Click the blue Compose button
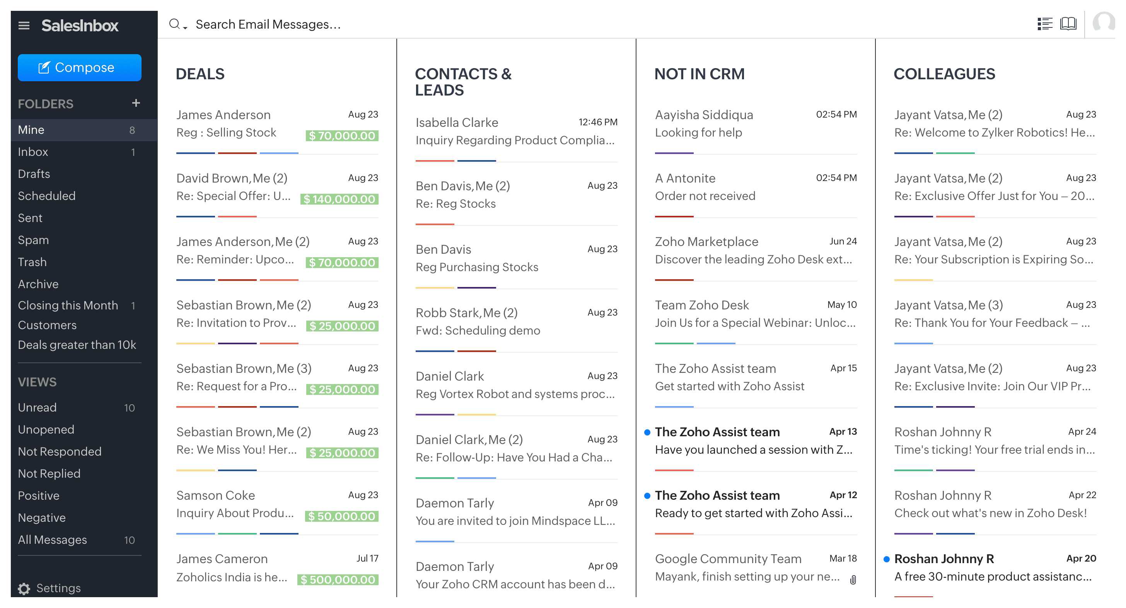point(79,68)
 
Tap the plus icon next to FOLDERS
point(136,103)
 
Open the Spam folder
point(33,240)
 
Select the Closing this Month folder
point(68,305)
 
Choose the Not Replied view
point(49,473)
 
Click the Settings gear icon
point(24,588)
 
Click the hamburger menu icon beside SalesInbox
point(24,26)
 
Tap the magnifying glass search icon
point(174,24)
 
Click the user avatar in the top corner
point(1103,23)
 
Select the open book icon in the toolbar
point(1068,24)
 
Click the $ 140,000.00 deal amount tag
point(339,199)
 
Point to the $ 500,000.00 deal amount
point(338,580)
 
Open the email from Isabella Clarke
point(457,122)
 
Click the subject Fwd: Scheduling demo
point(478,330)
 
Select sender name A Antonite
point(685,178)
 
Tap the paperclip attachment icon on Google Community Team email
point(853,580)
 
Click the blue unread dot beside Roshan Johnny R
point(887,559)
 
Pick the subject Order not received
point(705,196)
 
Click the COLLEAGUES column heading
point(944,74)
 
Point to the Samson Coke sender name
point(215,495)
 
